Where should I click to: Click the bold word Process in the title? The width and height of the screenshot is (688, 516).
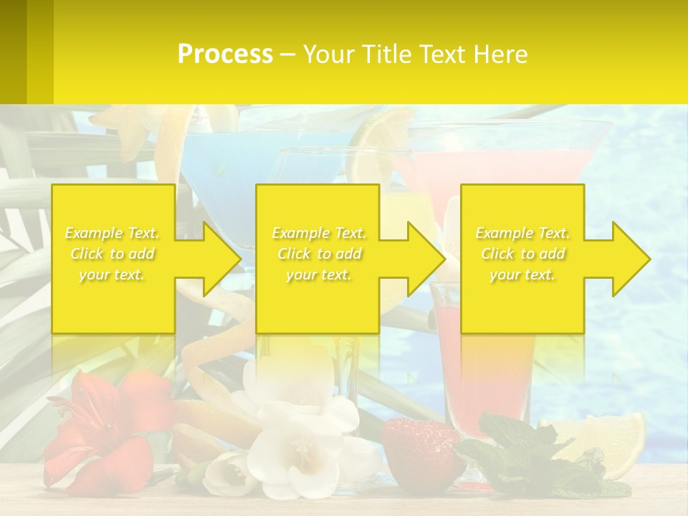tap(225, 54)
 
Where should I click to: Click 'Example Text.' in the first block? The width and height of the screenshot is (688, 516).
tap(112, 233)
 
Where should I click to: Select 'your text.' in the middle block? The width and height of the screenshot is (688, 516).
tap(319, 274)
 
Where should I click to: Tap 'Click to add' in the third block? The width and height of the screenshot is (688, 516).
tap(522, 254)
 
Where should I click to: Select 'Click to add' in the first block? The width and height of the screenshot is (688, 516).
tap(112, 254)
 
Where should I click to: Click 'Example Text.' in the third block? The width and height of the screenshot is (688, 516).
tap(522, 233)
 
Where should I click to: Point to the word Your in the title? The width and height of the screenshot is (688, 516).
tap(329, 54)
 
